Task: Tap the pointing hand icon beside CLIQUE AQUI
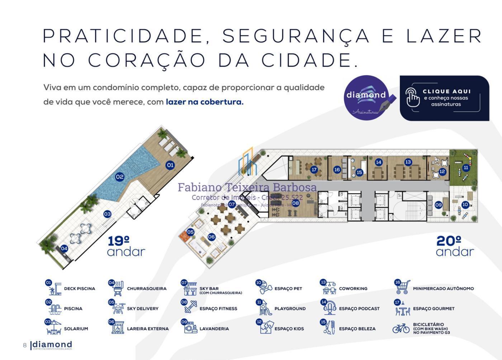point(412,97)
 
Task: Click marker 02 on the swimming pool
point(120,177)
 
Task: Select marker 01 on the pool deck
point(170,165)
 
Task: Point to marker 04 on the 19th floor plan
point(64,248)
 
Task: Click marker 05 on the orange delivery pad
point(190,232)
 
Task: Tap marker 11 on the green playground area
point(466,168)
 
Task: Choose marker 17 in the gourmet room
point(314,169)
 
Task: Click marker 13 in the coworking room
point(408,162)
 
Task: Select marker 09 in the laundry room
point(439,205)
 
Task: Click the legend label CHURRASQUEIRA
point(147,289)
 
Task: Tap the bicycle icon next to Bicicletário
point(401,328)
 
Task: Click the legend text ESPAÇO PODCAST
point(359,309)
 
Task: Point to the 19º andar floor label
point(126,246)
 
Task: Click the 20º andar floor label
point(455,246)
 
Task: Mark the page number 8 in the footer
point(25,345)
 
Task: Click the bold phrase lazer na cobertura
point(204,102)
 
